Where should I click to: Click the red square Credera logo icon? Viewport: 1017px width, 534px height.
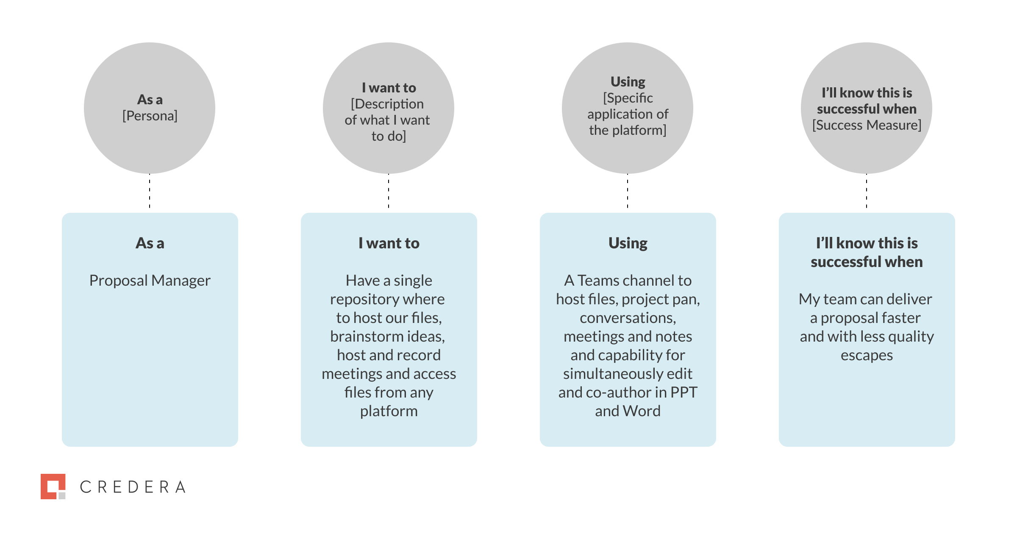(x=53, y=486)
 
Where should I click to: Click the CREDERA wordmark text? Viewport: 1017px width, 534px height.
(x=133, y=487)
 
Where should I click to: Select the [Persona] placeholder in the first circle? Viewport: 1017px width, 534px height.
(x=150, y=116)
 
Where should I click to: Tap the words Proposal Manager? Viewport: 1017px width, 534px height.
(x=150, y=281)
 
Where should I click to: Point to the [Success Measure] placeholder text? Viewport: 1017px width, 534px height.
(x=867, y=125)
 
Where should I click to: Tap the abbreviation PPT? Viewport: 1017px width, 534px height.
(x=684, y=392)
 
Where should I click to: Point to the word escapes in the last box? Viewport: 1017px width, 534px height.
(x=867, y=355)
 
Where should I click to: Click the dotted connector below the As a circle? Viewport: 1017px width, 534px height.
(x=150, y=191)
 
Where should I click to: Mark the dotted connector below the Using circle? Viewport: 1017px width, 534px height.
(x=628, y=191)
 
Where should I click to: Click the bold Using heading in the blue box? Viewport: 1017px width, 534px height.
(x=628, y=243)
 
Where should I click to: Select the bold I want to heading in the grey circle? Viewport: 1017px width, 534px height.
(x=389, y=88)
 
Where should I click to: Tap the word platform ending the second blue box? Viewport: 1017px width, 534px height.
(x=389, y=411)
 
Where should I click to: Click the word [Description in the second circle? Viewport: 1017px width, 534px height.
(x=387, y=104)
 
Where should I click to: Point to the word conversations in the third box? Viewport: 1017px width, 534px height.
(x=628, y=318)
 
